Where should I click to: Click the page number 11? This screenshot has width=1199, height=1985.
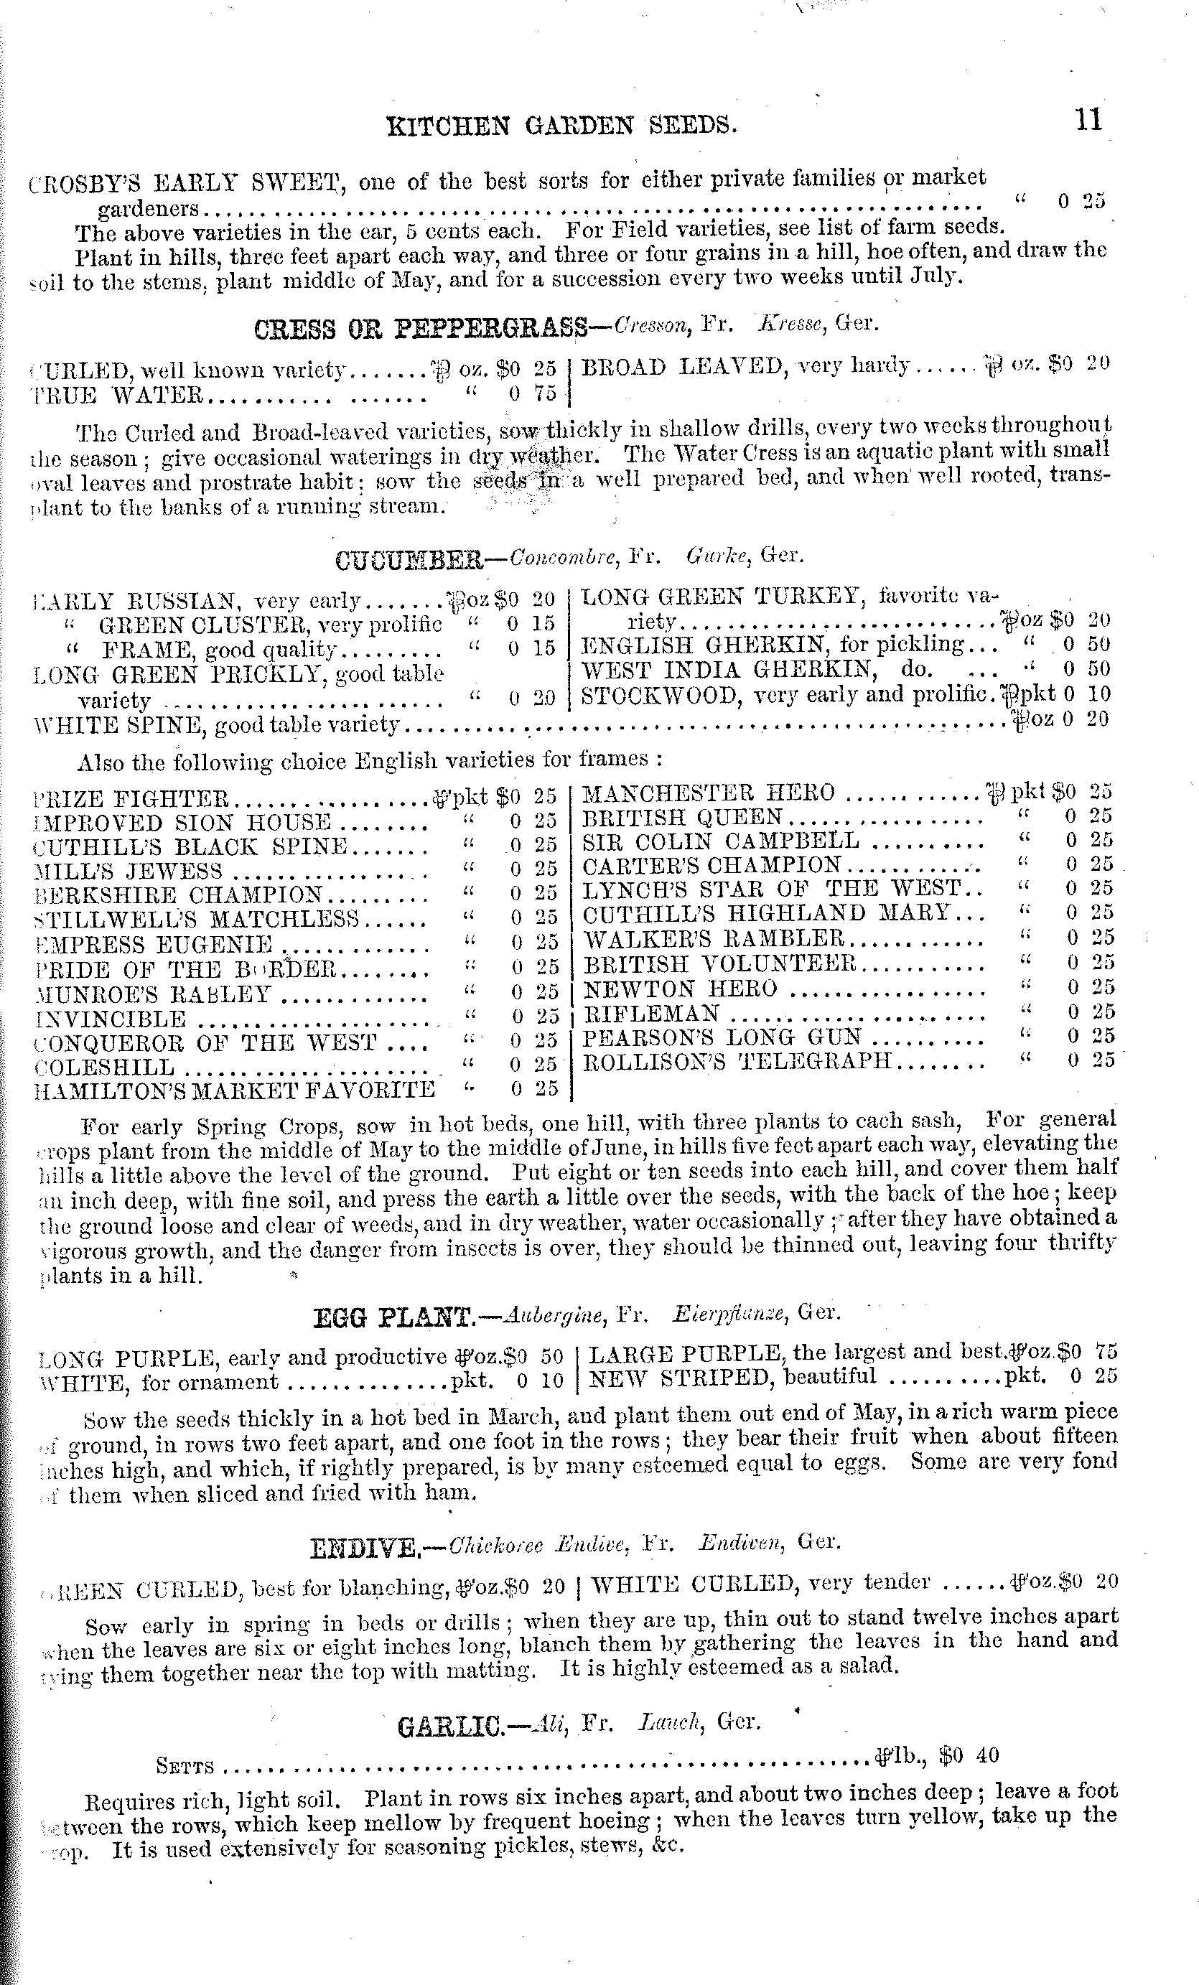pos(1087,121)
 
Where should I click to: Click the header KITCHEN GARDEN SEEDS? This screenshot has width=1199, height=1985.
pos(561,126)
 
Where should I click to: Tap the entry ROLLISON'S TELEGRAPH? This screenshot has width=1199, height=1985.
pos(737,1060)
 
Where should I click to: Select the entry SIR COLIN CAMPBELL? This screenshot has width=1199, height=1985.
pos(720,841)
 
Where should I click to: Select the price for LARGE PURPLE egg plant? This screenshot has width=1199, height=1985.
pos(1088,1353)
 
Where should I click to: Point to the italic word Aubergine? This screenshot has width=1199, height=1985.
pos(553,1314)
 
